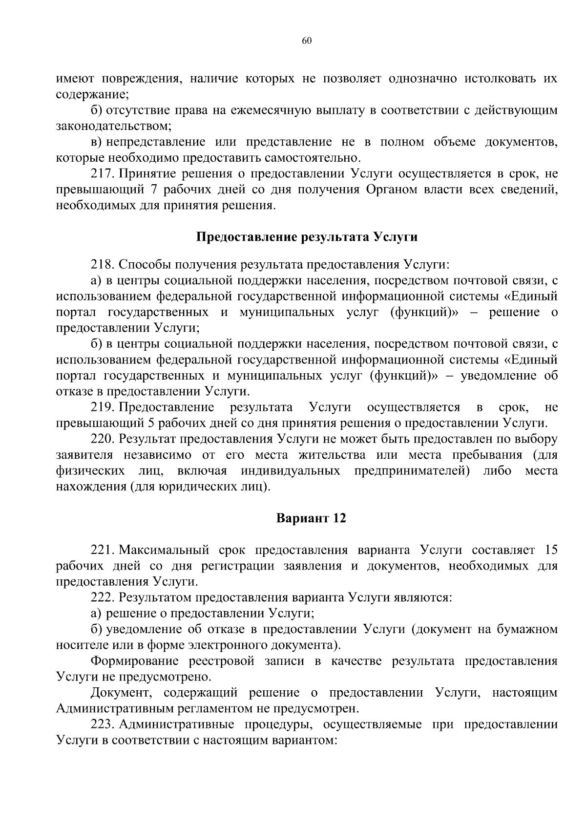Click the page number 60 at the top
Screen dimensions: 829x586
307,41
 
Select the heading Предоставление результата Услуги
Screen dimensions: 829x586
307,237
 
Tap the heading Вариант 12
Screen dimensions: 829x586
311,518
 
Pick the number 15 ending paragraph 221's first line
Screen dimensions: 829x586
550,550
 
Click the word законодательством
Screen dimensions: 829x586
113,127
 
